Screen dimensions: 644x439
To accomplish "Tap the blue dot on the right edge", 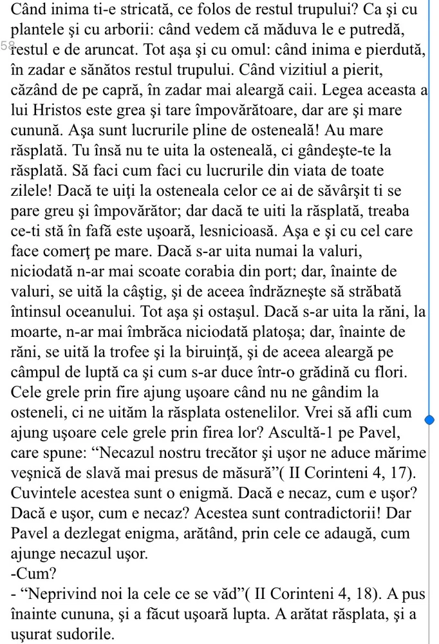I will pyautogui.click(x=430, y=421).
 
